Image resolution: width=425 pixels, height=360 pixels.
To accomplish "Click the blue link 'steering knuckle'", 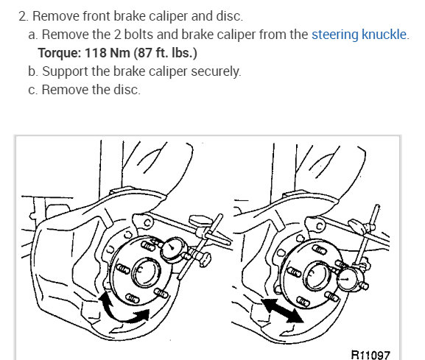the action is pos(359,35).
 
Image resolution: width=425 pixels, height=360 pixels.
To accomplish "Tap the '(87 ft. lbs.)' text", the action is pos(165,53).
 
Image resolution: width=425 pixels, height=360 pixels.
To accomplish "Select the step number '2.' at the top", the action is pos(24,16).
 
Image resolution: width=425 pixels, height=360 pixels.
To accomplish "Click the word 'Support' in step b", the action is pos(65,71).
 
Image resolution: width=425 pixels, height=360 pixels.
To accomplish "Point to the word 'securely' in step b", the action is pos(215,71).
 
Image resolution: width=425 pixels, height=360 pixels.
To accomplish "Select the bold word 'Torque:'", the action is pos(60,53).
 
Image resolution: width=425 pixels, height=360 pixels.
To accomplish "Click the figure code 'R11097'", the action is pos(370,354).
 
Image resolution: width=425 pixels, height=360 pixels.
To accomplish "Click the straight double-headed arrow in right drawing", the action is pos(283,311).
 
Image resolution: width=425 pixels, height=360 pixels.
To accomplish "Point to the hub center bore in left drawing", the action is pos(146,272).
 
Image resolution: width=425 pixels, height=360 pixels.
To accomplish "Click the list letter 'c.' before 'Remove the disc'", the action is pos(33,90).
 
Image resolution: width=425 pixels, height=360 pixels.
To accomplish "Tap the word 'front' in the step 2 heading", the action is pos(96,16).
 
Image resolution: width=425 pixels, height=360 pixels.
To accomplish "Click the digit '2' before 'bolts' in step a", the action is pos(117,35).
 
